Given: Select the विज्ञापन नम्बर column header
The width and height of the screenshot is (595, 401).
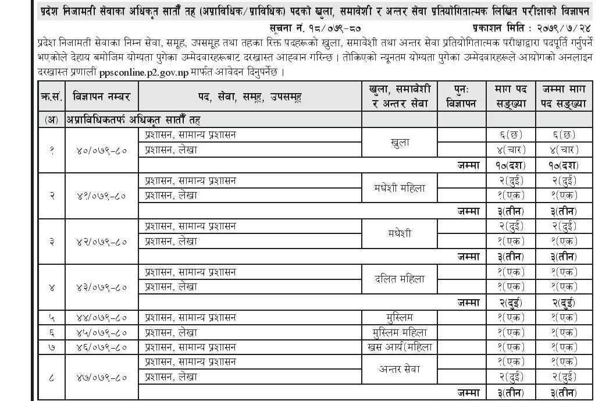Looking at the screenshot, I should click(x=102, y=96).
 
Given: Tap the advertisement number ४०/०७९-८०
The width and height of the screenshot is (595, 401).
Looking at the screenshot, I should click(x=102, y=149).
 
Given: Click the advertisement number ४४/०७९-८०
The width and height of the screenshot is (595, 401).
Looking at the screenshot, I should click(x=102, y=317).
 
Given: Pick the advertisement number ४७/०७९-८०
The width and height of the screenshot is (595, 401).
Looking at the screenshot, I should click(x=102, y=377).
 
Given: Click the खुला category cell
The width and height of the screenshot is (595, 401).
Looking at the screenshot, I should click(x=401, y=141).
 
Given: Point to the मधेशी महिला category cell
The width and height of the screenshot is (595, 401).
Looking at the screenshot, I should click(x=401, y=188).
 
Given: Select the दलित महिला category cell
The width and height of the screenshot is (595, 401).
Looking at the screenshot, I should click(x=401, y=279).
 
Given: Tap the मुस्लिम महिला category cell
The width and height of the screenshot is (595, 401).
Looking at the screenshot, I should click(x=401, y=332).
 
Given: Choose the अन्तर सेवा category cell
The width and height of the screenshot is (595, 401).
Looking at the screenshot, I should click(x=401, y=370).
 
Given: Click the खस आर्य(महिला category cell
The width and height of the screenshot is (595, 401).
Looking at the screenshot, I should click(x=401, y=347).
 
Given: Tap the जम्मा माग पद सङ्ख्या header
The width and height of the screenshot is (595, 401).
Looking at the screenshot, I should click(x=563, y=96).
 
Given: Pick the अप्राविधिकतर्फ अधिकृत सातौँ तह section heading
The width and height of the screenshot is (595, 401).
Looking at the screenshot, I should click(x=134, y=119).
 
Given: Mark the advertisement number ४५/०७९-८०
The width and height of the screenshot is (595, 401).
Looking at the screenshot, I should click(x=102, y=332).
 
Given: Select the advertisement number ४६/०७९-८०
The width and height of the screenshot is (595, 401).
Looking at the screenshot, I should click(x=102, y=347).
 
